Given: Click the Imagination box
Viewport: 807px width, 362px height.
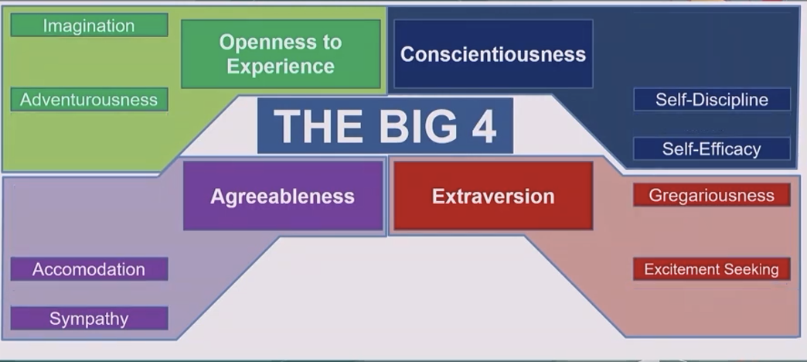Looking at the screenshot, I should click(89, 26).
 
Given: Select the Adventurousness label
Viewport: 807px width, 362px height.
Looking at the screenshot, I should click(89, 100).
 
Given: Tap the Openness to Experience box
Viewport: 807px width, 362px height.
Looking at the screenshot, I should click(281, 54).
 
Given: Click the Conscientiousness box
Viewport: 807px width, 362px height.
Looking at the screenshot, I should click(493, 54).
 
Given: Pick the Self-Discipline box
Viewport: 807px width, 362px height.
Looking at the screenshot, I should click(712, 100).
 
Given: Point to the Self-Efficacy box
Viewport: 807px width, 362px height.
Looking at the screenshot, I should click(712, 149).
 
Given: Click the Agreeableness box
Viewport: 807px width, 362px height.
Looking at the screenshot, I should click(283, 196).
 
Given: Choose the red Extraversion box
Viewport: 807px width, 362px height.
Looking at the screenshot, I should click(493, 196).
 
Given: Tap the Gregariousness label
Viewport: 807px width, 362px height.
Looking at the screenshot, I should click(711, 195).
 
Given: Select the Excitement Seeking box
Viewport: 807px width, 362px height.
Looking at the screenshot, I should click(711, 269).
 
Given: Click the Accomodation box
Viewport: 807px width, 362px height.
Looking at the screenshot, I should click(89, 269).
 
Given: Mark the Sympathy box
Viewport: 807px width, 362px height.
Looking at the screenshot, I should click(89, 319).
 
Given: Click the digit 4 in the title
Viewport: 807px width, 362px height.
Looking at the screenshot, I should click(483, 126).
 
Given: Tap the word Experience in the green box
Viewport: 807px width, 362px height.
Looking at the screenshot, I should click(281, 66).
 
